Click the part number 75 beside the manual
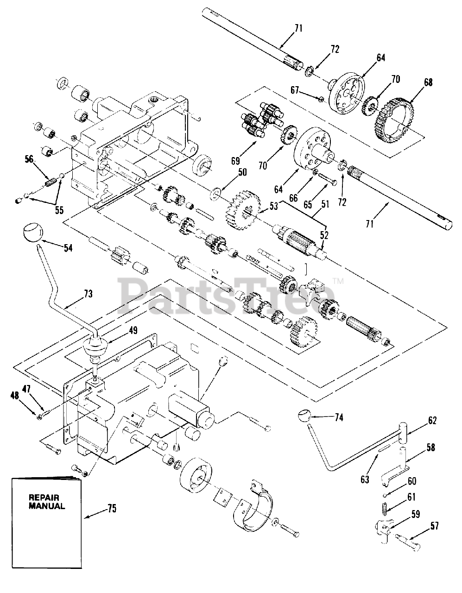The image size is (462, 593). [x=112, y=509]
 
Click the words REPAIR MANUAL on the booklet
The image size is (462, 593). [x=47, y=502]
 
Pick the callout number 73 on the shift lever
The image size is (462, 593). [x=88, y=293]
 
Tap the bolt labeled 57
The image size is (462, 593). [x=410, y=539]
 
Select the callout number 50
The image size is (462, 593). [x=242, y=172]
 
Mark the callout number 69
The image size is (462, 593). [x=235, y=161]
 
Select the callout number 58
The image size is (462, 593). [x=430, y=448]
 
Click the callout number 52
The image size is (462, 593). [x=323, y=235]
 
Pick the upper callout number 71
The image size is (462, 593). [x=298, y=28]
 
